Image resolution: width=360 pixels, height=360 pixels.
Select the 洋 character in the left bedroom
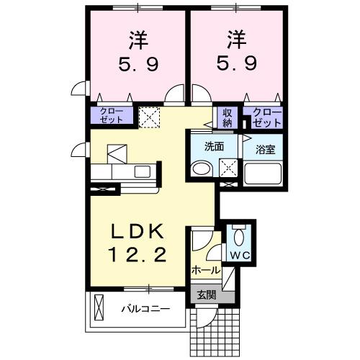pyautogui.click(x=138, y=36)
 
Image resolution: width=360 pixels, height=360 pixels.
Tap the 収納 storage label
pyautogui.click(x=228, y=116)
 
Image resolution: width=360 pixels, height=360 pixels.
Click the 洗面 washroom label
pyautogui.click(x=214, y=147)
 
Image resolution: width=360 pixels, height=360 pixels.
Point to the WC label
pyautogui.click(x=240, y=256)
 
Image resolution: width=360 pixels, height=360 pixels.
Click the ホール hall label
pyautogui.click(x=206, y=270)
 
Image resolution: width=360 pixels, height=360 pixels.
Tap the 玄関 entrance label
pyautogui.click(x=206, y=294)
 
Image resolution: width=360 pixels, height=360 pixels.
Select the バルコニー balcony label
pyautogui.click(x=145, y=310)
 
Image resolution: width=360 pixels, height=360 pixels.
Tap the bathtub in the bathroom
pyautogui.click(x=264, y=174)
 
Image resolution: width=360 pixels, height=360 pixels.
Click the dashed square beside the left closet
pyautogui.click(x=150, y=117)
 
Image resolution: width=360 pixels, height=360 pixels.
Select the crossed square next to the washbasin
pyautogui.click(x=230, y=168)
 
